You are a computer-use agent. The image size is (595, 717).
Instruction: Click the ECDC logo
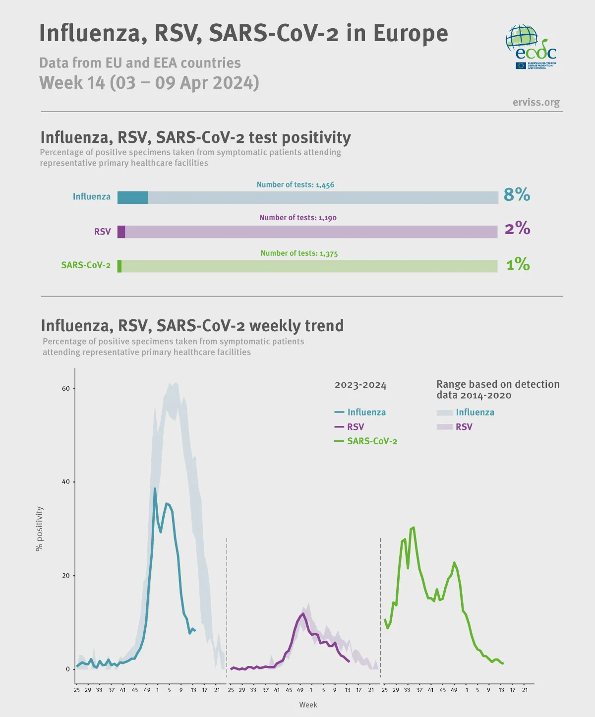(531, 47)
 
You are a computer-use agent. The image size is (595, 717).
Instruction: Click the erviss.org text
(536, 102)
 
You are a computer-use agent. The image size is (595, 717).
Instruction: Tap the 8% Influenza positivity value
(517, 195)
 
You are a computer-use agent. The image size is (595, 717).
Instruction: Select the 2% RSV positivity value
(517, 228)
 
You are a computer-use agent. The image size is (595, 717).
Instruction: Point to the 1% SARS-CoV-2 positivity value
(518, 264)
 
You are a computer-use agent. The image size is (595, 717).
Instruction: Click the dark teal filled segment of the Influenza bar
(132, 197)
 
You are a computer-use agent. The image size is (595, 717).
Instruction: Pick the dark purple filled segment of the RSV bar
(121, 232)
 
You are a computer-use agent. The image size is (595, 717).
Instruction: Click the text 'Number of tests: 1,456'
(296, 184)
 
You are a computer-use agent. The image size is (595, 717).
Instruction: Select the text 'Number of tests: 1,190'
(298, 218)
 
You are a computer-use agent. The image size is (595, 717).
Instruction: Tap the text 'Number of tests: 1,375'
(299, 253)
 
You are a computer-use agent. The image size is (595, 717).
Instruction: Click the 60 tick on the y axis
(66, 388)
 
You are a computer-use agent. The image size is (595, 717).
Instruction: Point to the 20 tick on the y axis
(66, 576)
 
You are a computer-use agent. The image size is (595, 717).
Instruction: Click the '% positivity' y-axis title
(40, 529)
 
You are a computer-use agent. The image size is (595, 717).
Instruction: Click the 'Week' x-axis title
(308, 705)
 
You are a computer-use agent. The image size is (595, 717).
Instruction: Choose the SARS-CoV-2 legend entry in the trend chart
(366, 441)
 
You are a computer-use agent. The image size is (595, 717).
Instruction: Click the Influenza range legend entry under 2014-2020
(466, 412)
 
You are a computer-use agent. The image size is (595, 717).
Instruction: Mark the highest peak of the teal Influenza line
(155, 488)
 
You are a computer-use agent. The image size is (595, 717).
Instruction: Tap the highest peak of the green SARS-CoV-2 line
(414, 528)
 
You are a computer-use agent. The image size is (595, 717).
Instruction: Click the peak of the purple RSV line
(302, 614)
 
